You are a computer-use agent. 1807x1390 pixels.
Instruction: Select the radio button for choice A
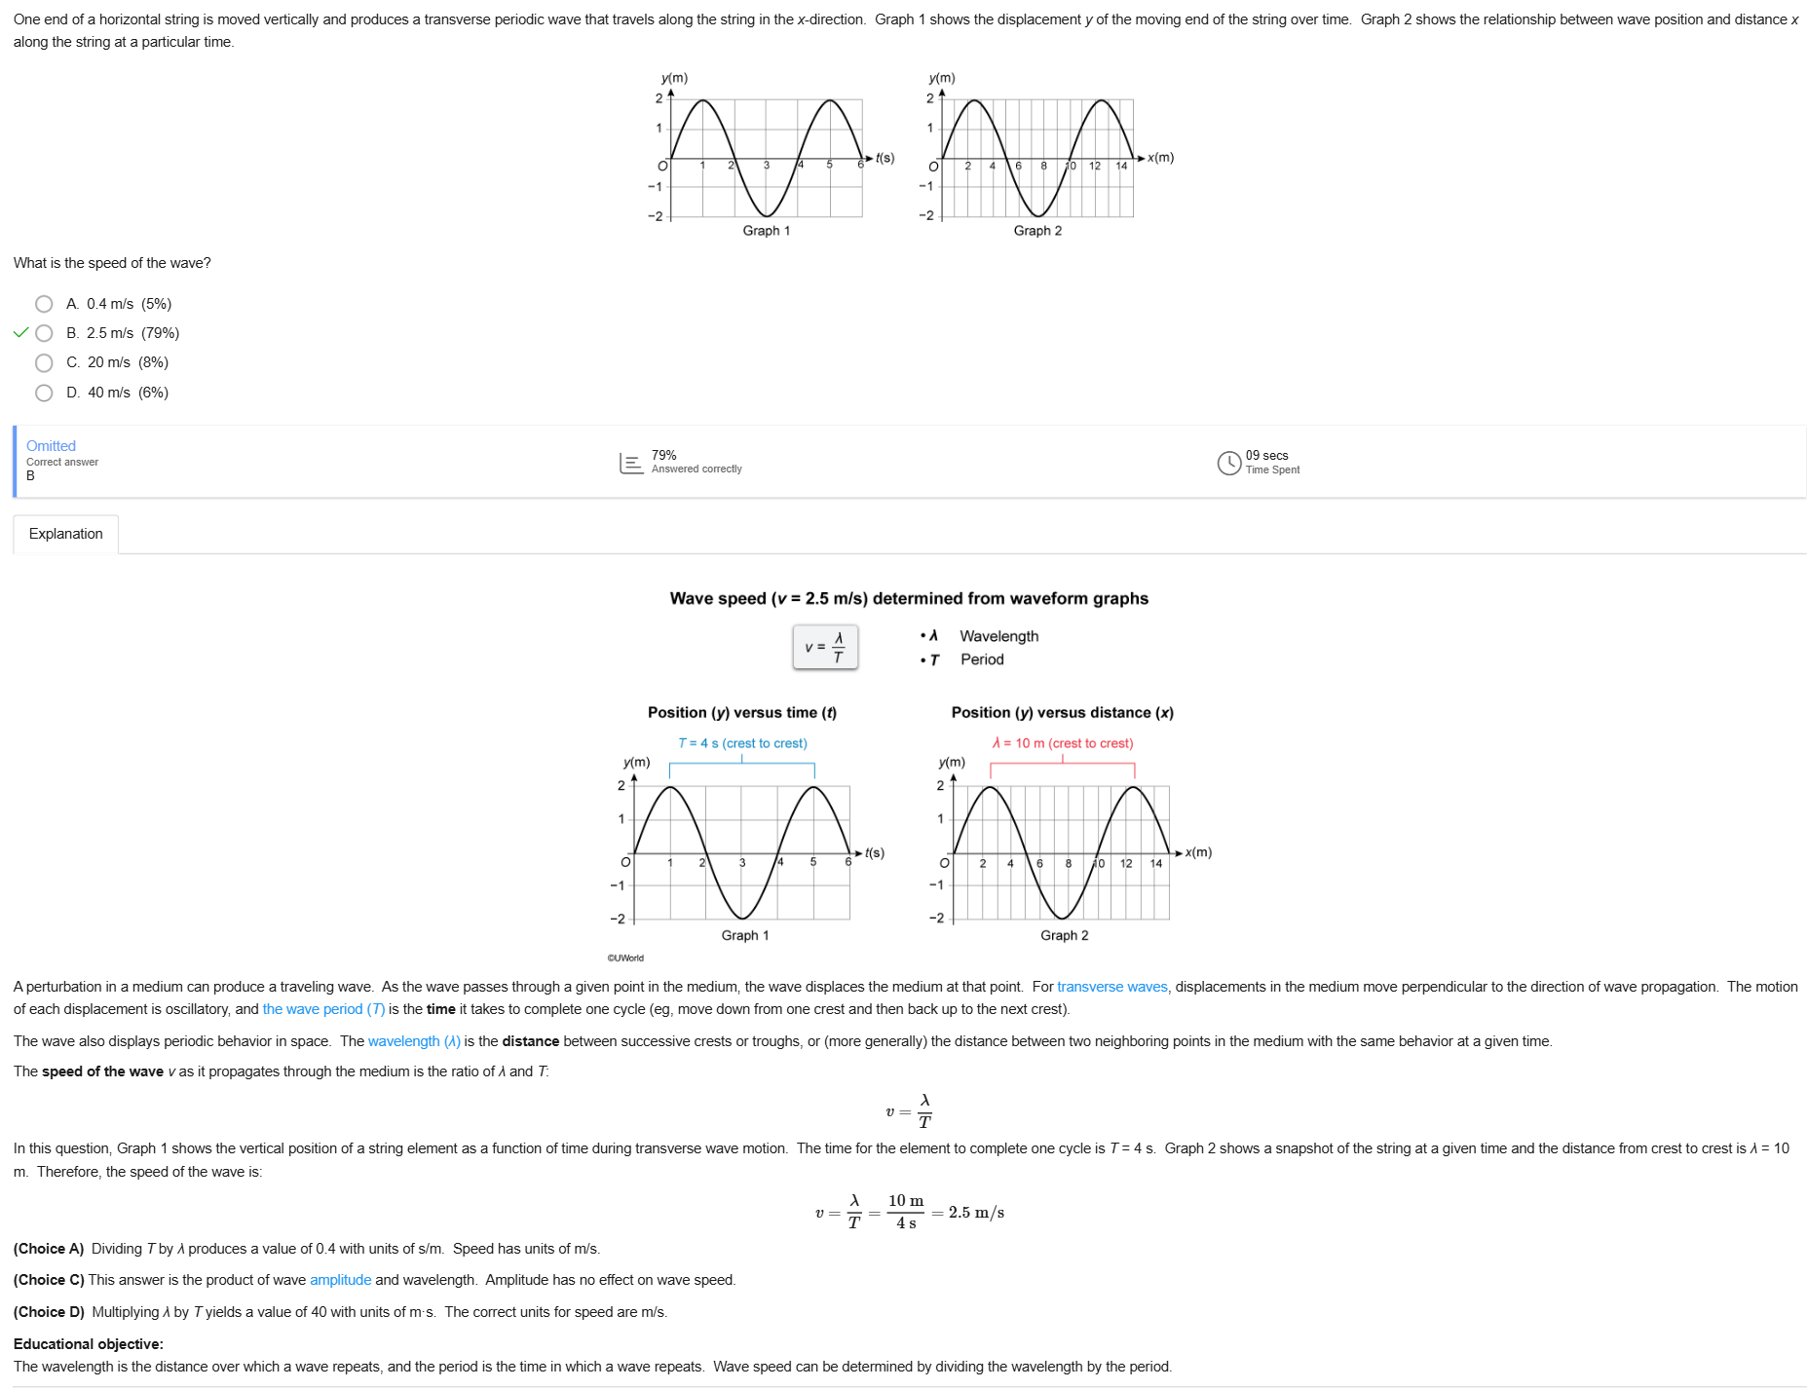(44, 304)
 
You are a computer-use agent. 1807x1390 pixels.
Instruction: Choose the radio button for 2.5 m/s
(44, 333)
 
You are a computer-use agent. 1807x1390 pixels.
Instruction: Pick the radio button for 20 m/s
(44, 363)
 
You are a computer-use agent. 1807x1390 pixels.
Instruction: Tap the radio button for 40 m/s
(44, 393)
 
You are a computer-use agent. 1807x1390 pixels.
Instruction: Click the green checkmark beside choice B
(20, 333)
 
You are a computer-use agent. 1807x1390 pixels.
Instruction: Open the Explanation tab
(65, 534)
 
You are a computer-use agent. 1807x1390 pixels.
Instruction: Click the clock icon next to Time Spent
(1228, 463)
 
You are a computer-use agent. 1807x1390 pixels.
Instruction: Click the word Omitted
(51, 446)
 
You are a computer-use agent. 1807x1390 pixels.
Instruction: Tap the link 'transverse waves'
(1111, 987)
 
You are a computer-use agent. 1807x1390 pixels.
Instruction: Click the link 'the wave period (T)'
(323, 1009)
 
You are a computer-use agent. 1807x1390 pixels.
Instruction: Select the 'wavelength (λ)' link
(414, 1041)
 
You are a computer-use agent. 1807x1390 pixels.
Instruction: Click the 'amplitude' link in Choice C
(340, 1280)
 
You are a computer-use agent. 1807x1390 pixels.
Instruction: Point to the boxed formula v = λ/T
(825, 647)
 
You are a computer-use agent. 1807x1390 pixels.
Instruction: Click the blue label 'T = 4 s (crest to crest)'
(742, 743)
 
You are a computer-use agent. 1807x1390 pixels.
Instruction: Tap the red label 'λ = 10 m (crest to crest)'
(1062, 743)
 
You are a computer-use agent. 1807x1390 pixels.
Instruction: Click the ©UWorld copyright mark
(625, 958)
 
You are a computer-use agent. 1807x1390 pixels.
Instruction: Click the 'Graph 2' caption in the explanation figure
(1064, 935)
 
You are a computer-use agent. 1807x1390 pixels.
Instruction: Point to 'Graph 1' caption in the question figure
(766, 231)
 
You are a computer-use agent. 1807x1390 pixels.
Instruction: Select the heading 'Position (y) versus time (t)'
(741, 713)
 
